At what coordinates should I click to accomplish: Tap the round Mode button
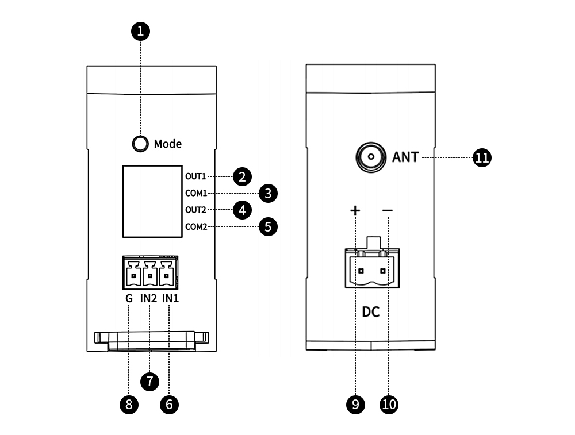(140, 144)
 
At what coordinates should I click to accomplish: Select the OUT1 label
(195, 176)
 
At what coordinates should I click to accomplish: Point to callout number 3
(268, 193)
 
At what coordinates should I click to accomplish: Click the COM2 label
(196, 226)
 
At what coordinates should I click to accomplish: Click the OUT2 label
(195, 210)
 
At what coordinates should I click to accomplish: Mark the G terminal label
(129, 299)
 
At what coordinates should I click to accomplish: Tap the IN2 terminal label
(149, 299)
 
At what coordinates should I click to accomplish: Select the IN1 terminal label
(170, 299)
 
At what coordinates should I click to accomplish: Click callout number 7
(149, 380)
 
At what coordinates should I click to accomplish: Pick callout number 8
(129, 404)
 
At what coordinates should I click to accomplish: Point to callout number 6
(169, 404)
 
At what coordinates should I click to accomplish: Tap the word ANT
(406, 156)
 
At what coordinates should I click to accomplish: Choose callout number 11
(482, 157)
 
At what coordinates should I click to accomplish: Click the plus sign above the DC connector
(355, 211)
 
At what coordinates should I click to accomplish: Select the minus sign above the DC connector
(388, 211)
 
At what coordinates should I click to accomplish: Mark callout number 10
(389, 404)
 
